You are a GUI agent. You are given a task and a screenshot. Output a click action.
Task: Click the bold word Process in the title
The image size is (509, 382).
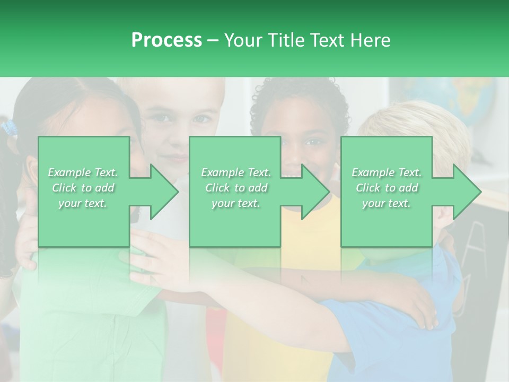pyautogui.click(x=166, y=40)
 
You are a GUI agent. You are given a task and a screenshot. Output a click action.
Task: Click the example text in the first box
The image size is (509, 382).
pyautogui.click(x=83, y=188)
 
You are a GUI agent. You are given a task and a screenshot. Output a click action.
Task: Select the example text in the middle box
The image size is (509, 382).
pyautogui.click(x=235, y=188)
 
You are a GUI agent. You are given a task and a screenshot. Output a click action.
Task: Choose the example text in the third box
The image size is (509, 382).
pyautogui.click(x=386, y=188)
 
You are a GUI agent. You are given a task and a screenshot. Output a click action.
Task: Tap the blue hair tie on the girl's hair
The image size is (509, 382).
pyautogui.click(x=8, y=127)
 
